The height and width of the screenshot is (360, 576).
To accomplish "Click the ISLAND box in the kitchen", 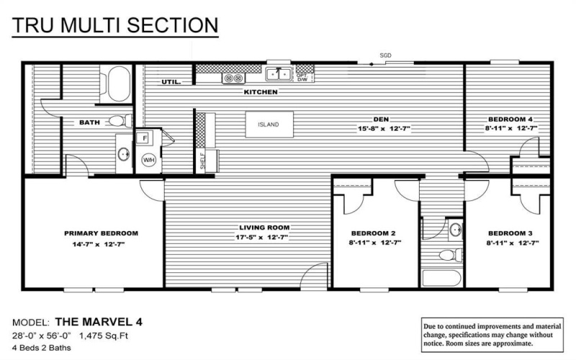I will pyautogui.click(x=270, y=125).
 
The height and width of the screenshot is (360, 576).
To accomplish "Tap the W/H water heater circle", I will pyautogui.click(x=149, y=160).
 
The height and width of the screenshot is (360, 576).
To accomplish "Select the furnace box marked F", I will pyautogui.click(x=144, y=137).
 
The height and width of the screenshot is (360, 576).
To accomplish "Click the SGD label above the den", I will pyautogui.click(x=385, y=55).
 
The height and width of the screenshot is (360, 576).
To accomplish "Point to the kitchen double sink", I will pyautogui.click(x=279, y=73).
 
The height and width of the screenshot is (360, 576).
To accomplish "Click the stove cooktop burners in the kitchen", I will pyautogui.click(x=234, y=77).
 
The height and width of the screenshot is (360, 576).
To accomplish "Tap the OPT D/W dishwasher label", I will pyautogui.click(x=302, y=76).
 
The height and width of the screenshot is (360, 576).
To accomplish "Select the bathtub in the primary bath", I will pyautogui.click(x=115, y=84).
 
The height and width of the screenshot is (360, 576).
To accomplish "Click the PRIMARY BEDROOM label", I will pyautogui.click(x=101, y=233).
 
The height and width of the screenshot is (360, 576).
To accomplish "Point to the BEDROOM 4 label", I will pyautogui.click(x=510, y=119).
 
